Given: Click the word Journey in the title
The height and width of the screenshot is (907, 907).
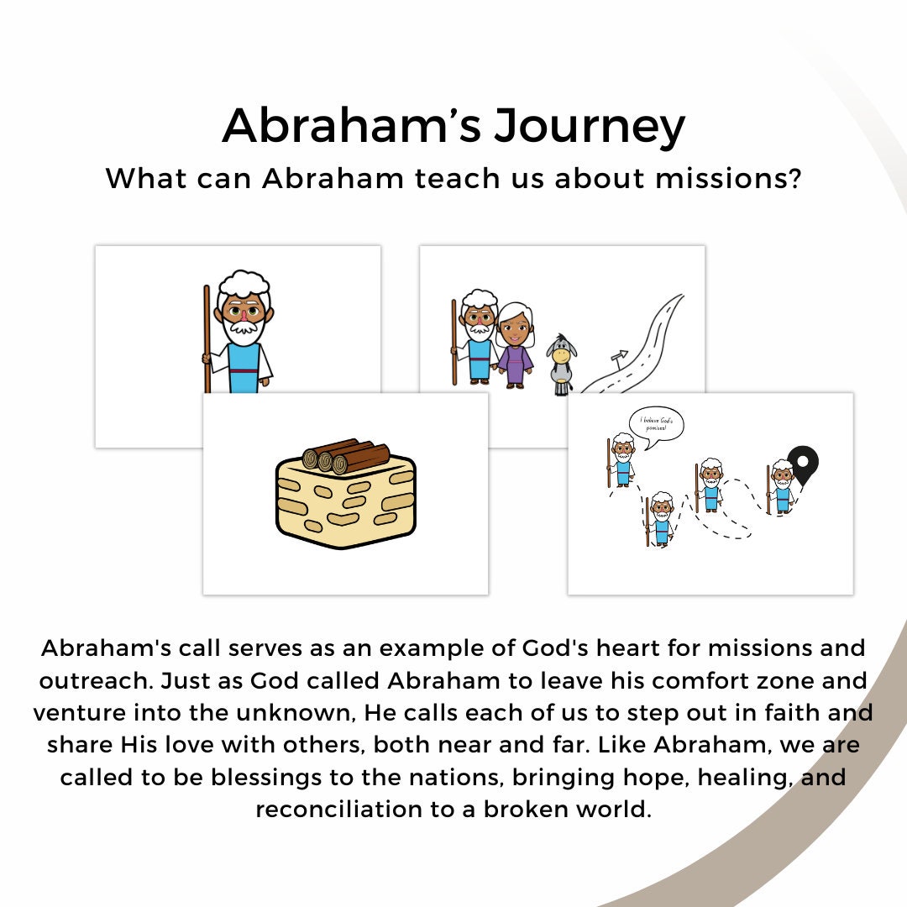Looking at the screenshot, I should (x=589, y=127).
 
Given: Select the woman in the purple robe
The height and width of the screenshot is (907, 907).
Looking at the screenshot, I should (x=514, y=344).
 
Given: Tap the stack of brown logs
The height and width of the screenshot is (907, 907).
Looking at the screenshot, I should (x=347, y=456).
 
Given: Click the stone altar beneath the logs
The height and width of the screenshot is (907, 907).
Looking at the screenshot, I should (x=346, y=508).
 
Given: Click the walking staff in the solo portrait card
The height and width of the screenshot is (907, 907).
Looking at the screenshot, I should (x=207, y=336).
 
